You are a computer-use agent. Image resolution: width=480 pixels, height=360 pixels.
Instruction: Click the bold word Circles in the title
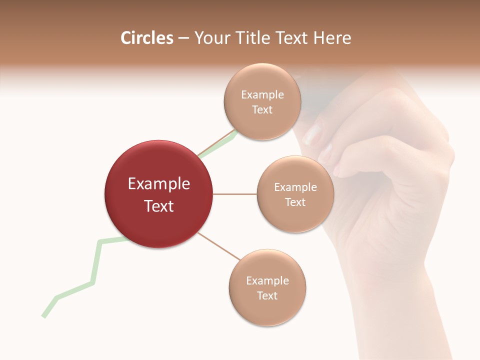146,38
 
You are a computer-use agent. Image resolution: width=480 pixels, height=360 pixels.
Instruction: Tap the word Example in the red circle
158,184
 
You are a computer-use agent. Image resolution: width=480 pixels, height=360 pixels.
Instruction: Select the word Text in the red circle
158,206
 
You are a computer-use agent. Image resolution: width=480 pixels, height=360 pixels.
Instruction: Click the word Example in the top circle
262,95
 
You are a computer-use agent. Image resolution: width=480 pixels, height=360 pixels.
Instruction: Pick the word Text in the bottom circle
267,296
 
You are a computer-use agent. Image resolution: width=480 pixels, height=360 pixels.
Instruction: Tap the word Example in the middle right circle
295,187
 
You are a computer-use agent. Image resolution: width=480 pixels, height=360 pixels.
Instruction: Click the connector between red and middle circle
234,193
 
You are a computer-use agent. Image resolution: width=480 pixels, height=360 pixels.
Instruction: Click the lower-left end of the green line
44,315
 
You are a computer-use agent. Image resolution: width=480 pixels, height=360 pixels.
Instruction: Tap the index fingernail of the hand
313,134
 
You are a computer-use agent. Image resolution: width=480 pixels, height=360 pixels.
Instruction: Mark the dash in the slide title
183,38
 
